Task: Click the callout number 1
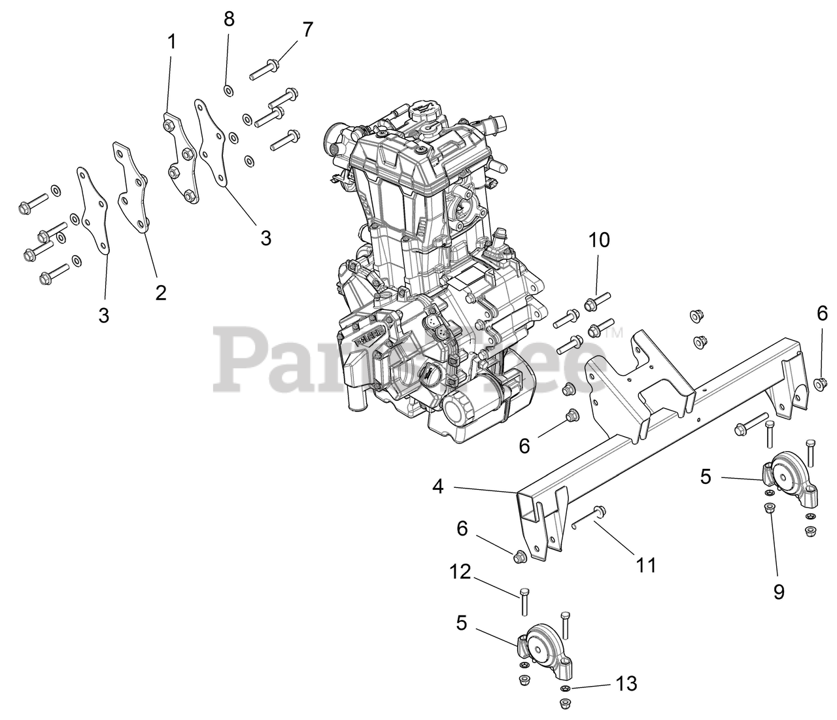(x=171, y=43)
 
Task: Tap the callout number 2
(x=161, y=292)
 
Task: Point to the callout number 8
(x=229, y=19)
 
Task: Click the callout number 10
(x=599, y=240)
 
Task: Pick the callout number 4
(x=438, y=487)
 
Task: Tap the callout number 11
(x=646, y=564)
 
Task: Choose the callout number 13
(x=624, y=684)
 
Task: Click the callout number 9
(x=779, y=591)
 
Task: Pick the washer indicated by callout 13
(x=564, y=690)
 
